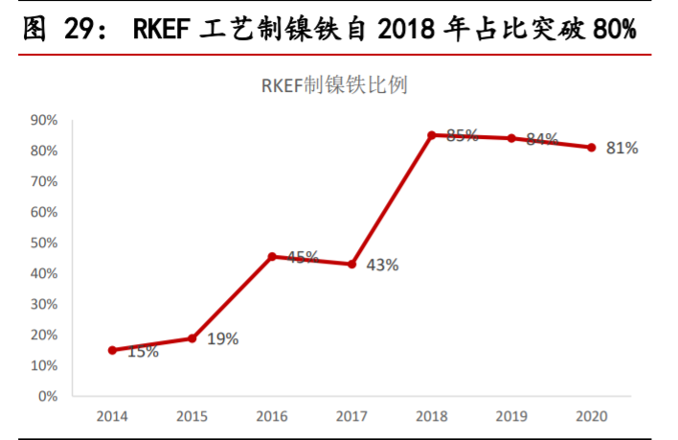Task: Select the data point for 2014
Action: (x=112, y=350)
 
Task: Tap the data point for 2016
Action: (x=272, y=257)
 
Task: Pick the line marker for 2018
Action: (x=432, y=135)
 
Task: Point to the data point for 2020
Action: (x=592, y=148)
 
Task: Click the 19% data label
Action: (x=223, y=338)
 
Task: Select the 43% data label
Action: (x=383, y=265)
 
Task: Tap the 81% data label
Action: (x=622, y=149)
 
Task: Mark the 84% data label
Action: (x=542, y=140)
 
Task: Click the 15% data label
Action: (x=143, y=352)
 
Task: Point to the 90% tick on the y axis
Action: (x=44, y=120)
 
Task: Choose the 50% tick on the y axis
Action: (x=44, y=243)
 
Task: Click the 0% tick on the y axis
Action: (x=48, y=396)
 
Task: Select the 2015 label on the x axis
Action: (x=192, y=416)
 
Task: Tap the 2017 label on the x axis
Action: (x=351, y=416)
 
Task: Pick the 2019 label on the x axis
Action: (x=511, y=416)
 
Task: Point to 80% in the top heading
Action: (x=614, y=30)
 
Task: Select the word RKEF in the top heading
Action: (x=164, y=30)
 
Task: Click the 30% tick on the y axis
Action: (x=44, y=304)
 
